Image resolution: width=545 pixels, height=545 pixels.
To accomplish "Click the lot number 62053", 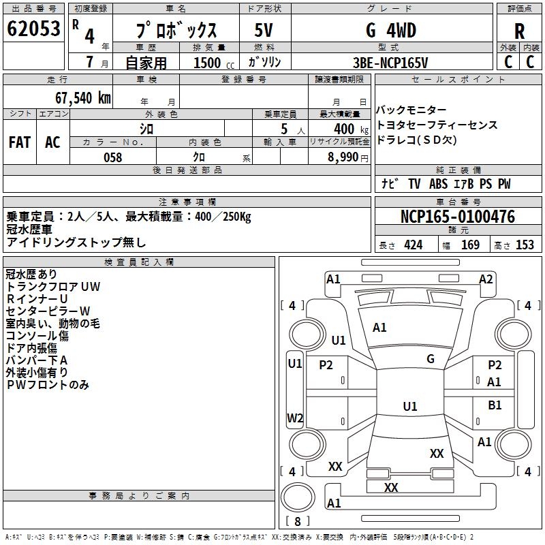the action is (x=33, y=29).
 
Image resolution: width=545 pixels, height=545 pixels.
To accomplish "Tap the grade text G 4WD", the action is (x=391, y=31).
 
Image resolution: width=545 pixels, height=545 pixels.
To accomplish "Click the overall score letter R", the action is (x=519, y=31).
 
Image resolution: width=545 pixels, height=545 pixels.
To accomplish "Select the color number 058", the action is (x=112, y=157).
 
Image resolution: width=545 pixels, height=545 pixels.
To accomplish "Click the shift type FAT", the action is (x=20, y=142).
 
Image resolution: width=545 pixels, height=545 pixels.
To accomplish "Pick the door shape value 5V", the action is (x=264, y=31).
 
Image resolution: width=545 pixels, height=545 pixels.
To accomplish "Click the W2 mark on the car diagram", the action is (x=295, y=418).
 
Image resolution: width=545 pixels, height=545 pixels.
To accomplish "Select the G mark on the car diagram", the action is (x=431, y=359).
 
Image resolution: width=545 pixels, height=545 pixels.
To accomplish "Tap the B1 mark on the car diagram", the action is (x=495, y=405).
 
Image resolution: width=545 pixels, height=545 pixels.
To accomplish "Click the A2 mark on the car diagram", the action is (x=486, y=279).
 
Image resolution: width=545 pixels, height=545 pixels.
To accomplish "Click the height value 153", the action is (x=525, y=245).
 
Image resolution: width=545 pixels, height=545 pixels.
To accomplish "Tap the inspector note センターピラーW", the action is (x=48, y=311).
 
